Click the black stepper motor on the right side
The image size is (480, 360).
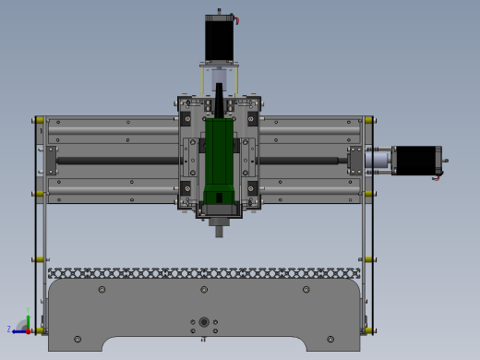point(417,160)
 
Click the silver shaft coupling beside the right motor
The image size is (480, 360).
point(379,160)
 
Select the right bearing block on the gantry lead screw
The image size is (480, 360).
point(355,160)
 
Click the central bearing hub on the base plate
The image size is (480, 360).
point(203,322)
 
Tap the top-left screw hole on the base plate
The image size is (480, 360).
point(101,290)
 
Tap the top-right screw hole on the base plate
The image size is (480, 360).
point(306,290)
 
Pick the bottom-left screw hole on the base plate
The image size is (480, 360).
point(77,339)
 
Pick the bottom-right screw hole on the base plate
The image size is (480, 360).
point(330,339)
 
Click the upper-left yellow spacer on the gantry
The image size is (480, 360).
point(39,120)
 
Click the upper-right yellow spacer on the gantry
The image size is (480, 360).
point(367,120)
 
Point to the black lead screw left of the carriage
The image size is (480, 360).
point(115,162)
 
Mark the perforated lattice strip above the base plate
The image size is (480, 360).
point(203,273)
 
